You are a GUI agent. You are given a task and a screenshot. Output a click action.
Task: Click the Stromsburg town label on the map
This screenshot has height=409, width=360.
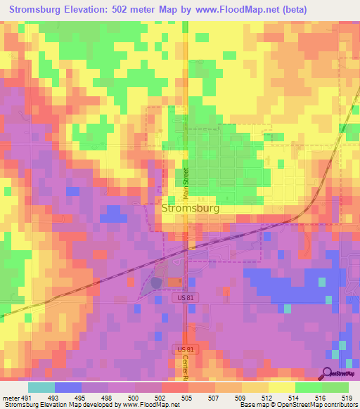[x=190, y=209]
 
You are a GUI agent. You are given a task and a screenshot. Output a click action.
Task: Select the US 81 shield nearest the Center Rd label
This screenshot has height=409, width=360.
[x=184, y=349]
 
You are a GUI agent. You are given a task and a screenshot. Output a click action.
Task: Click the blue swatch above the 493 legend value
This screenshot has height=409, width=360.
[x=68, y=387]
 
